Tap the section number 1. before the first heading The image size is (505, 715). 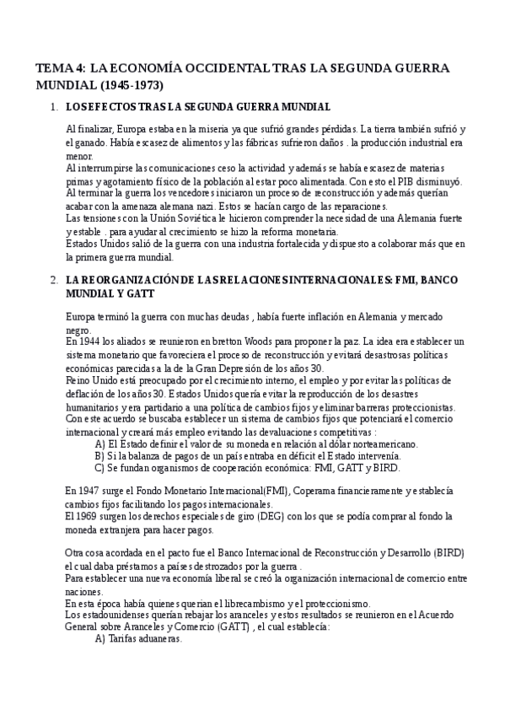(x=55, y=107)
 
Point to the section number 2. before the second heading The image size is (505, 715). (x=55, y=280)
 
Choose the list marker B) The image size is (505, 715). (x=100, y=456)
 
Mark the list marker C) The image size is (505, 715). (x=100, y=468)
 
